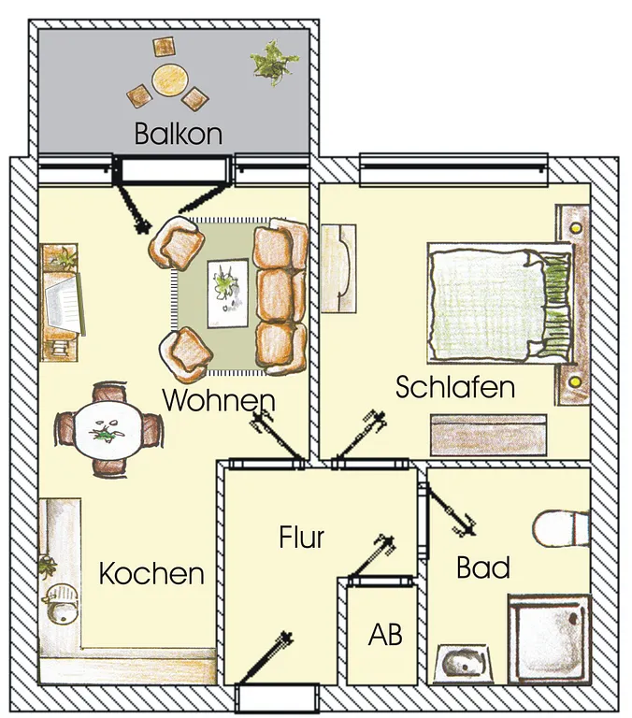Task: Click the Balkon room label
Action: tap(179, 134)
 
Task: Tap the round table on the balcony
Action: tap(170, 79)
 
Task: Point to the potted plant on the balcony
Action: tap(274, 63)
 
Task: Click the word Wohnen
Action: tap(219, 400)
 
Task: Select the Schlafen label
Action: tap(455, 387)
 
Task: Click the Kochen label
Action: tap(151, 574)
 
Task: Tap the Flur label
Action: tap(302, 538)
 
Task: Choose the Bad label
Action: tap(483, 567)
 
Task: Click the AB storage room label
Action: tap(385, 635)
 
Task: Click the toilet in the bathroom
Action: tap(561, 528)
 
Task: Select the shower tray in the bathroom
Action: tap(549, 639)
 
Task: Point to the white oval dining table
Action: tap(108, 430)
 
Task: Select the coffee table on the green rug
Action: tap(227, 294)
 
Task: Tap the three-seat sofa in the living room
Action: tap(280, 296)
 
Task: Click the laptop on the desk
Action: tap(65, 304)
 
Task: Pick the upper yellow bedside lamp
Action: tap(576, 227)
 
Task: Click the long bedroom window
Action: tap(453, 169)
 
